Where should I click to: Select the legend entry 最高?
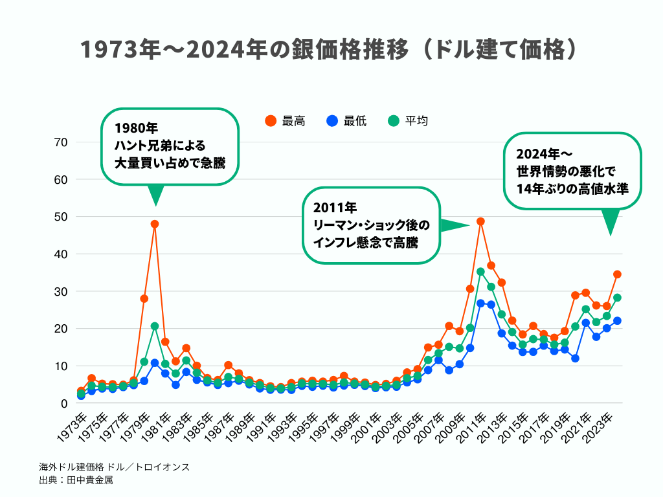[286, 120]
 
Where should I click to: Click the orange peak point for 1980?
[155, 224]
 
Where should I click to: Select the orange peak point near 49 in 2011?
[480, 221]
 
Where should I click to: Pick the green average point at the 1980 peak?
[155, 326]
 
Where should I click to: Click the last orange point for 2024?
[617, 274]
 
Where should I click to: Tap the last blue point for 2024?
[617, 321]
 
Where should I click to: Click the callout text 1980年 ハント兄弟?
[170, 145]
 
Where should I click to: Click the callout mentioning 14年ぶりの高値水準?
[572, 171]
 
